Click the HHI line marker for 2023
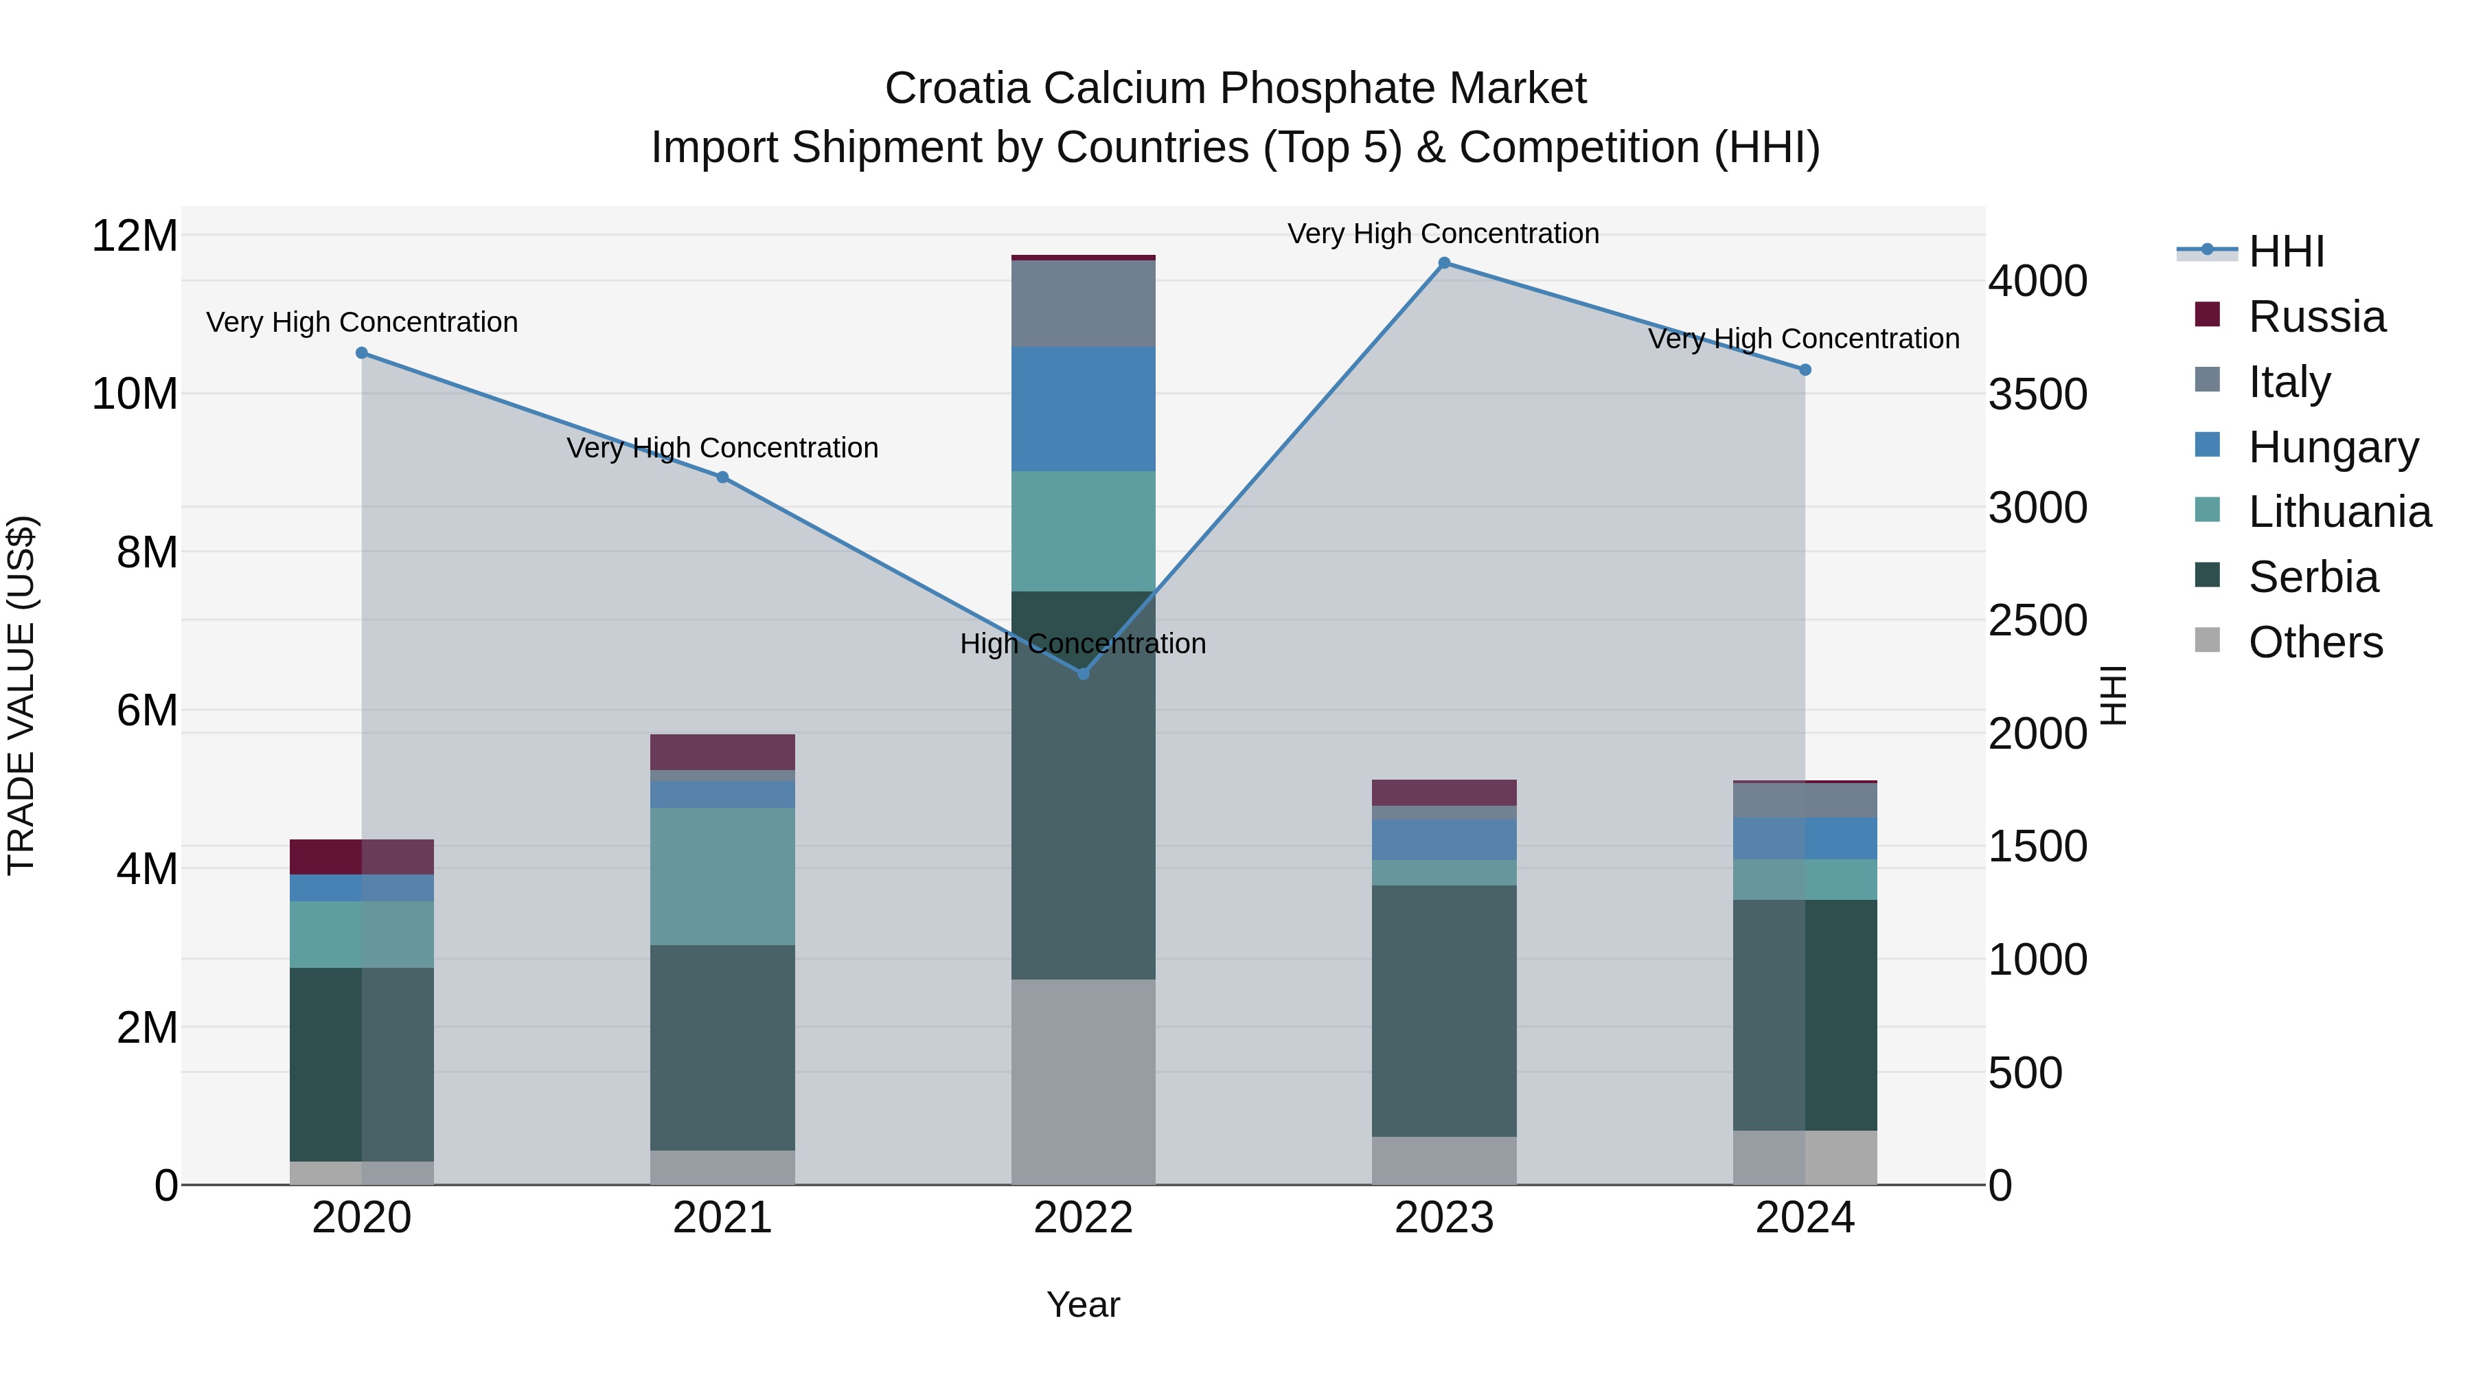1443,263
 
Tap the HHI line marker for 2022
1084,674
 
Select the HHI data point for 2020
362,353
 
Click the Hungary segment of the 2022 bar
1084,409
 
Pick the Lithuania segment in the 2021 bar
722,877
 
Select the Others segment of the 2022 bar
1084,1082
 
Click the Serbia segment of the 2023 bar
1443,1011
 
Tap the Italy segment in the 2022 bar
1084,304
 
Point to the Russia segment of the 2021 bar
722,751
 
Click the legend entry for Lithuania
2339,512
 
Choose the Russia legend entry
2315,317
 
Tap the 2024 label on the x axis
1804,1218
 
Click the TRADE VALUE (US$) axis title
21,695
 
